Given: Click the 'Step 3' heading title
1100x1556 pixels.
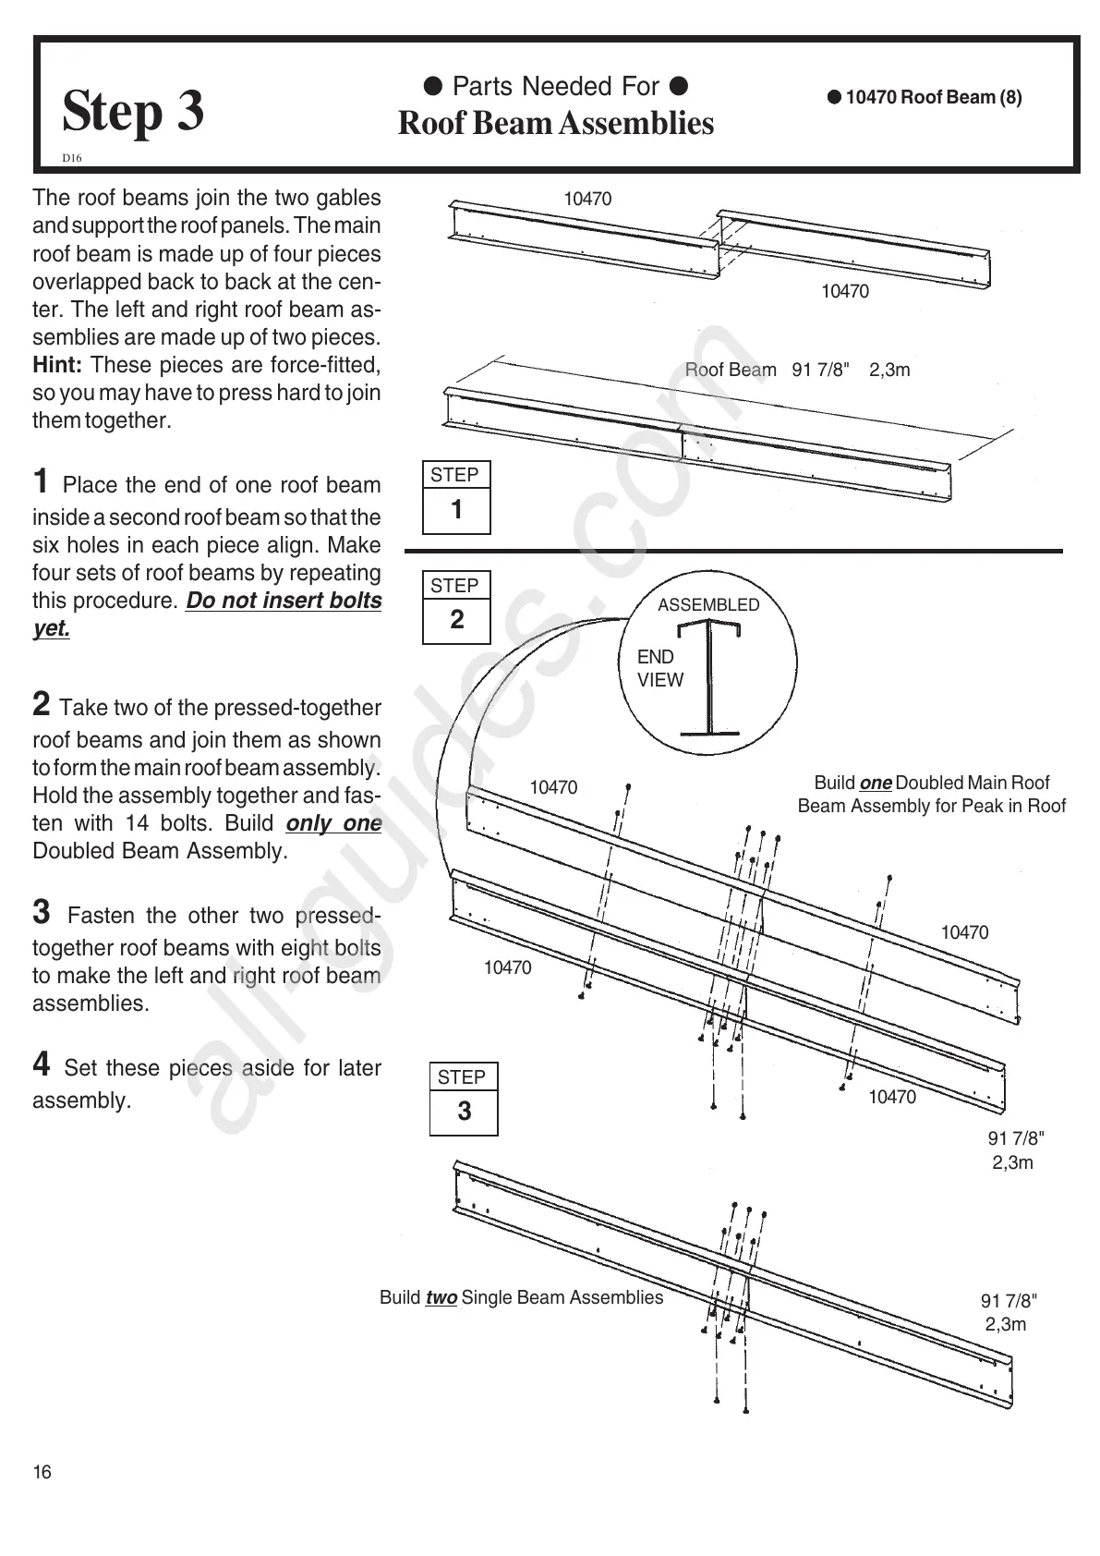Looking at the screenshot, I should tap(133, 112).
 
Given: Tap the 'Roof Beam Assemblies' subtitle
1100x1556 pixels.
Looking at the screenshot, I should tap(555, 124).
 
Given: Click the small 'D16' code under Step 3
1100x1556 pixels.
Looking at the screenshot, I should tap(72, 158).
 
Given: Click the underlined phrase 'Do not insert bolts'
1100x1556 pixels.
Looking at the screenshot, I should tap(284, 601).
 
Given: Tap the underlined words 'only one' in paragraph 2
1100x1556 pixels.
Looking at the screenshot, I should tap(333, 823).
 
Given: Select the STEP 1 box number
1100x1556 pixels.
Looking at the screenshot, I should tap(456, 509).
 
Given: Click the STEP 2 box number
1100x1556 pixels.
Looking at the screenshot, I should tap(456, 620).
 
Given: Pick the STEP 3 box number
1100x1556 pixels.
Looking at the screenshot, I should tap(464, 1111).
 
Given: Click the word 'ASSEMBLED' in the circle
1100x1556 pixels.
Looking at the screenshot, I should tap(708, 605).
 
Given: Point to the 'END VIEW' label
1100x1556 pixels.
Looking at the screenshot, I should tap(659, 668).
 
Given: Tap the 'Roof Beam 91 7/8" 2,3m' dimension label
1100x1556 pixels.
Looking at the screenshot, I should tap(797, 371).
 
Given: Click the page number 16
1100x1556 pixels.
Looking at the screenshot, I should tap(42, 1472).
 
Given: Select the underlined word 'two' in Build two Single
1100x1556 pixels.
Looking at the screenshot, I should tap(441, 1298).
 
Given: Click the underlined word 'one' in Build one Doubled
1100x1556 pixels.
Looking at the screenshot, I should tap(875, 784).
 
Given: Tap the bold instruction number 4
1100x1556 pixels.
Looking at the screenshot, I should tap(42, 1064).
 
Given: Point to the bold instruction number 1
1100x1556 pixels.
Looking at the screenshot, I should tap(41, 481).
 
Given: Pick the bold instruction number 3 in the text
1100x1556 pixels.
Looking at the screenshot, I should tap(42, 912).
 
